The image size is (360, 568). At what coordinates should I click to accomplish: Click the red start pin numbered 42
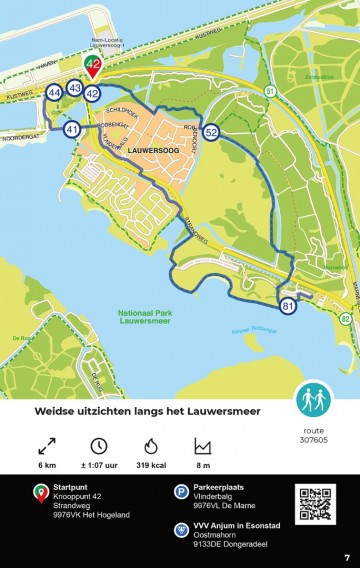[92, 67]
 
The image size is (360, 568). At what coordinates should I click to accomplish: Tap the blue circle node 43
[75, 88]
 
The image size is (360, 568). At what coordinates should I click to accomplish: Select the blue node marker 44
[54, 93]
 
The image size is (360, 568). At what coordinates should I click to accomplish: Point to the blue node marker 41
[71, 129]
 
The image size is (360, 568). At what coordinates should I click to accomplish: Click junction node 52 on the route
[211, 132]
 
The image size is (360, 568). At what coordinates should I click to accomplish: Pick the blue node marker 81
[288, 306]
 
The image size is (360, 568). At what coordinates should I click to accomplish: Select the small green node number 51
[271, 92]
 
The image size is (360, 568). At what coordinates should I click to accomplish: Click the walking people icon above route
[313, 401]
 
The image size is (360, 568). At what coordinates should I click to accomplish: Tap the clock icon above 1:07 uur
[99, 445]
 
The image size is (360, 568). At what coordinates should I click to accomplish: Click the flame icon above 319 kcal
[151, 445]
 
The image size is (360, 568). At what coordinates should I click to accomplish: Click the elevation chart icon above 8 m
[203, 445]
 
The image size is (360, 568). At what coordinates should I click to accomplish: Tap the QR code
[316, 504]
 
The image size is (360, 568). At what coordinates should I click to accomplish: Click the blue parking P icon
[181, 490]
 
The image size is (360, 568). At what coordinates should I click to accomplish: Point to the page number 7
[347, 557]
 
